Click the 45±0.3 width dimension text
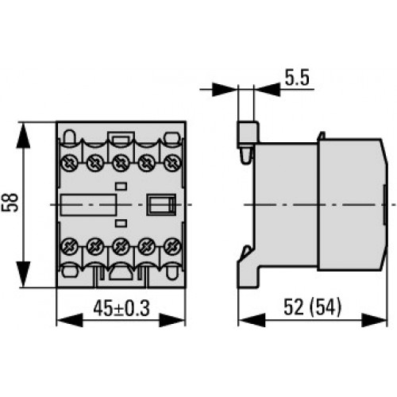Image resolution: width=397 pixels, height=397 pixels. pyautogui.click(x=121, y=308)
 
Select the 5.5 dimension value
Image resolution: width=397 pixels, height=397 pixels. pyautogui.click(x=297, y=78)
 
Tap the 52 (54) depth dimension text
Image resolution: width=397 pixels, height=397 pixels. pyautogui.click(x=312, y=307)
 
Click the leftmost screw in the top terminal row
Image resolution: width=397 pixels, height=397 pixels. pyautogui.click(x=69, y=163)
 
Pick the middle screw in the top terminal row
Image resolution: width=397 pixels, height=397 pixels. pyautogui.click(x=121, y=163)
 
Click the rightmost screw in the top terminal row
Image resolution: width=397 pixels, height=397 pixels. pyautogui.click(x=172, y=163)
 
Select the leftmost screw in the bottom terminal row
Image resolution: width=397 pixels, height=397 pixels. pyautogui.click(x=69, y=246)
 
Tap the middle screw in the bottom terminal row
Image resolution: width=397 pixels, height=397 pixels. pyautogui.click(x=121, y=246)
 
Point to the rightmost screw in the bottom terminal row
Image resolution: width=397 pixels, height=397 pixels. pyautogui.click(x=172, y=246)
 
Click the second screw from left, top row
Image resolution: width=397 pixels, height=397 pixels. pyautogui.click(x=95, y=163)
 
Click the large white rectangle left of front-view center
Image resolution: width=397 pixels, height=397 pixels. pyautogui.click(x=89, y=205)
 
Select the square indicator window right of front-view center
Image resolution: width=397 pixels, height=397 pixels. pyautogui.click(x=161, y=204)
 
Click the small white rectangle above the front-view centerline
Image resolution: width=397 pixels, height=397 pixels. pyautogui.click(x=121, y=186)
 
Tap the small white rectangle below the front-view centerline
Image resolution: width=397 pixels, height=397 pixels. pyautogui.click(x=121, y=223)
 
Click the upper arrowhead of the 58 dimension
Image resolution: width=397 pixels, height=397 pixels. pyautogui.click(x=23, y=135)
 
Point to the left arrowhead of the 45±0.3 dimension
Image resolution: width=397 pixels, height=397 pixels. pyautogui.click(x=70, y=320)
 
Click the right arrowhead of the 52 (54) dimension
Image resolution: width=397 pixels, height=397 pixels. pyautogui.click(x=374, y=320)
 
